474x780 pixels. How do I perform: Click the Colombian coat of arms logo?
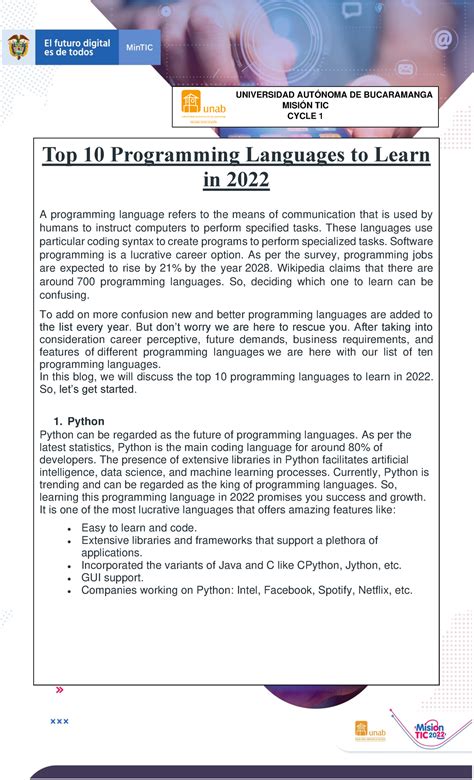[18, 47]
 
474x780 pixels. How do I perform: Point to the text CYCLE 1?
[305, 116]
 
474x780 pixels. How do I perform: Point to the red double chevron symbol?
[59, 690]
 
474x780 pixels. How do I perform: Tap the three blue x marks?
[59, 721]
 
